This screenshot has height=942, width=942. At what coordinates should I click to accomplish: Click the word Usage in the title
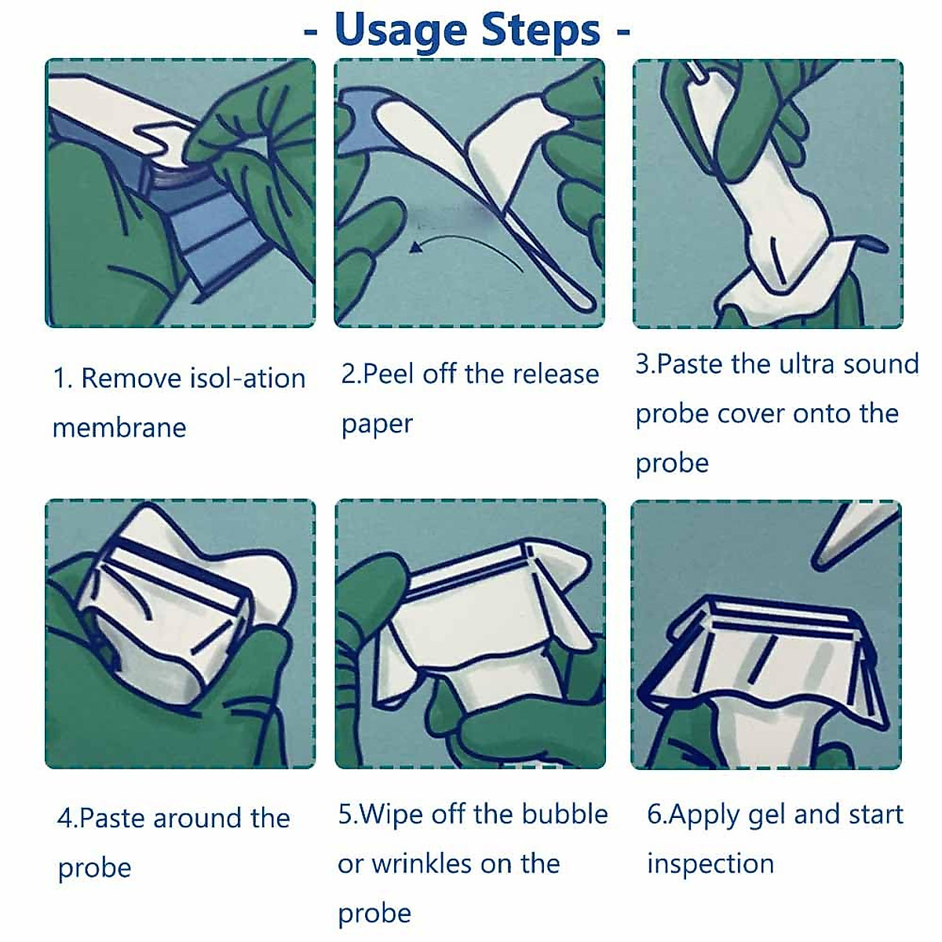pos(401,30)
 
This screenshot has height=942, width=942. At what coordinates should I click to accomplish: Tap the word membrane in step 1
pos(119,429)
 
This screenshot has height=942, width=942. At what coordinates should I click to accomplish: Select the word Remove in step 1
pos(131,378)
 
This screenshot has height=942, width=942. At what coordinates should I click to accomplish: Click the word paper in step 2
pos(377,425)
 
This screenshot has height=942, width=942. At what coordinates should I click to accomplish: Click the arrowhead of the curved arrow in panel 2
pos(415,246)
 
